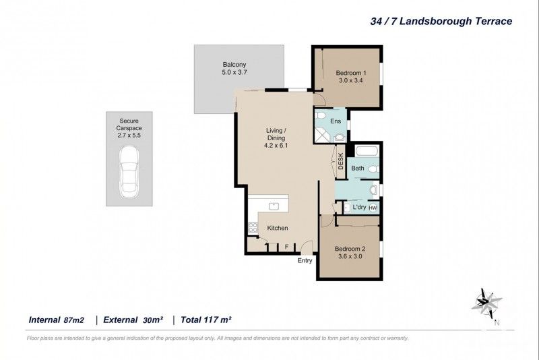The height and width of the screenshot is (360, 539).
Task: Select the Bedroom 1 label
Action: tap(350, 73)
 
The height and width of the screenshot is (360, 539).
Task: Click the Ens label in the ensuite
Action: tap(335, 121)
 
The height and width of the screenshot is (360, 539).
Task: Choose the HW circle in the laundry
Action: tap(372, 208)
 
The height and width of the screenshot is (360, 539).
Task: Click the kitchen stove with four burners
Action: tap(253, 227)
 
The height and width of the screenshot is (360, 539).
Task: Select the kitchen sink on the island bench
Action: tap(274, 205)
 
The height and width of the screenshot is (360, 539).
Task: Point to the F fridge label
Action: tap(286, 247)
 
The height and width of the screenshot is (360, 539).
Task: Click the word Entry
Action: tap(305, 261)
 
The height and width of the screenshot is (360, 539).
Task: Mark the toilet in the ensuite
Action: tap(321, 118)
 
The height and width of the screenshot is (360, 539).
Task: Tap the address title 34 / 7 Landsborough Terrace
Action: tap(441, 21)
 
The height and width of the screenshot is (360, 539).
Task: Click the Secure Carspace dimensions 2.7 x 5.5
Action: tap(128, 135)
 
